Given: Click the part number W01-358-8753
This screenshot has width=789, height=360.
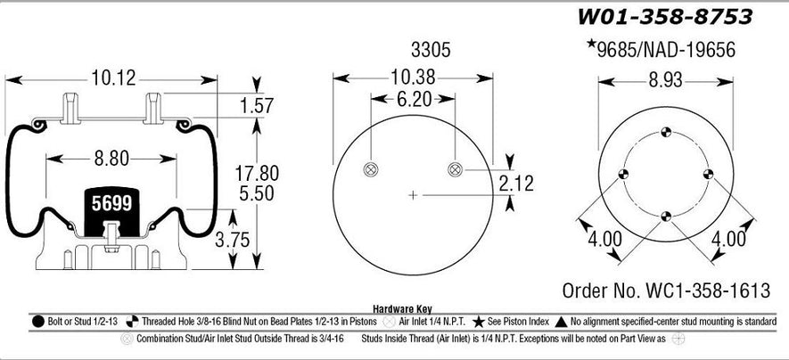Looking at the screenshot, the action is pos(664,17).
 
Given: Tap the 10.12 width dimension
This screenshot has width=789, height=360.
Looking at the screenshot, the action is pos(114,78).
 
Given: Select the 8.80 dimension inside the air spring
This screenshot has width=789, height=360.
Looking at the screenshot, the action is pos(111,159).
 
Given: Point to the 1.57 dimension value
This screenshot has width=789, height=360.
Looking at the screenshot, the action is pos(257,105).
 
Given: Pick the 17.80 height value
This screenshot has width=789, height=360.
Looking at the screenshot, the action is pos(257,174).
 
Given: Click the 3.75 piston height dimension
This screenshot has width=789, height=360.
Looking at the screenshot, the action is pos(233,240).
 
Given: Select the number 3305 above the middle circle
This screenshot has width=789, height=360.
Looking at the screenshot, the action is pos(431,50).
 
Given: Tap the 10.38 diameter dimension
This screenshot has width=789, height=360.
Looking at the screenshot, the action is pos(413,78).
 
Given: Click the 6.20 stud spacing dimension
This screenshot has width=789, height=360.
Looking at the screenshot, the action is pos(414,99).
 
